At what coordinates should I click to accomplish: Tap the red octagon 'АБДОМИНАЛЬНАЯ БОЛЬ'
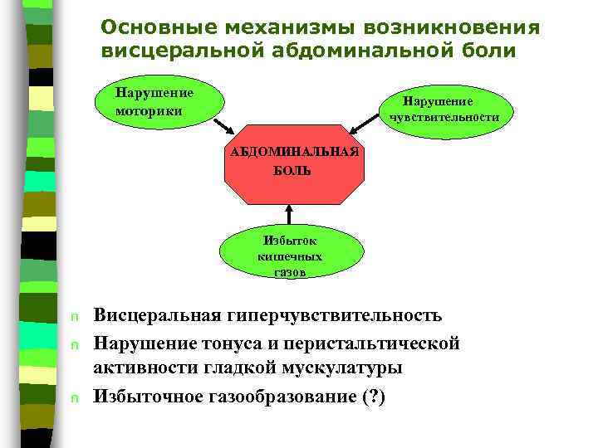click(x=294, y=163)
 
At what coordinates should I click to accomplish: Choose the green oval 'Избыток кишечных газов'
click(x=291, y=254)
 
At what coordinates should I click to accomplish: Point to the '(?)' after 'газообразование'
click(x=374, y=397)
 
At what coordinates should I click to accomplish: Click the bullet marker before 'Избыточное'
click(x=74, y=398)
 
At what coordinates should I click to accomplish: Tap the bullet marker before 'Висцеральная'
click(x=74, y=318)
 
